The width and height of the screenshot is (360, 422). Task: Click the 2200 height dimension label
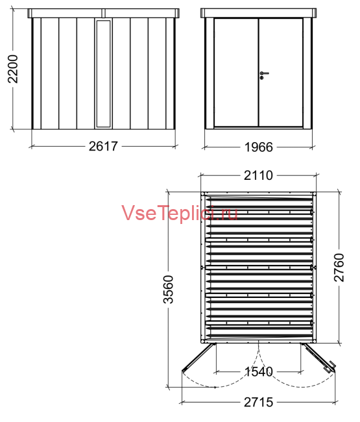[12, 69]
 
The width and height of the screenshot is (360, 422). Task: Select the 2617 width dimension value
[103, 146]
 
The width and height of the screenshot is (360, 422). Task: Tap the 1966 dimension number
[258, 147]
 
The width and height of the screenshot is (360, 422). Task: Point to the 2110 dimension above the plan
[258, 175]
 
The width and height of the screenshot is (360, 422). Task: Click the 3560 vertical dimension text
[169, 290]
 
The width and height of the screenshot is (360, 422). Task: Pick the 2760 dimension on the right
[339, 267]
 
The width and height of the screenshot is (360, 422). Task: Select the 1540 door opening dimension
[259, 371]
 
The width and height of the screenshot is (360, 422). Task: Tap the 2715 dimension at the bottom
[258, 402]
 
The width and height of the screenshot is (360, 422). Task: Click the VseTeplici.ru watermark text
[180, 213]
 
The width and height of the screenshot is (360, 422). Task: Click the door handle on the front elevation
[263, 75]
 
